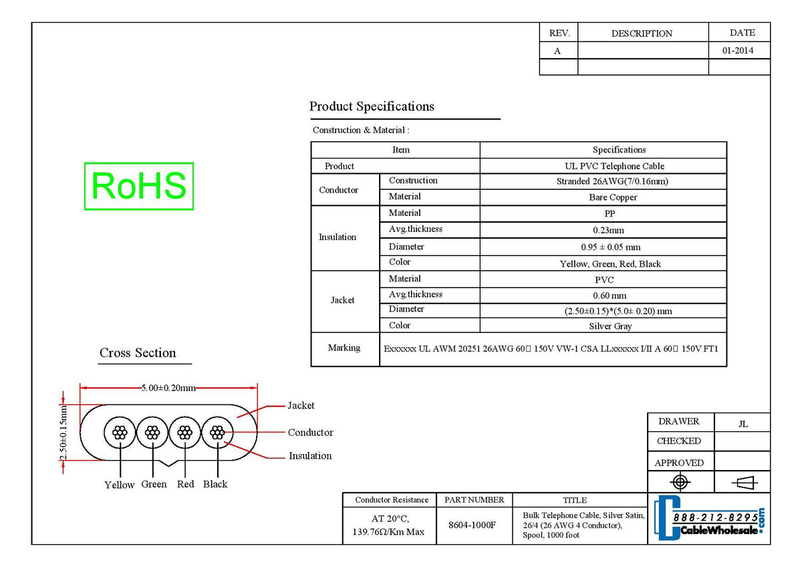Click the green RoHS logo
139,187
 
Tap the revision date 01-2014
738,51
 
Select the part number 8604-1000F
472,525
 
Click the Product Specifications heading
372,106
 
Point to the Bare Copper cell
613,197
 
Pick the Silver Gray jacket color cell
610,326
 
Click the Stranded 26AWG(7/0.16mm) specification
612,181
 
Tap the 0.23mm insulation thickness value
608,230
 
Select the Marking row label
344,348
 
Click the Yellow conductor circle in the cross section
120,433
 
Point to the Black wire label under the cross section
215,484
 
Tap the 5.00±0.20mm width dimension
168,388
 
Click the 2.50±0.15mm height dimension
63,433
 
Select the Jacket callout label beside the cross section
301,405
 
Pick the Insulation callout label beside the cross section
310,456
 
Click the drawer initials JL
743,424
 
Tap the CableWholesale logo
710,518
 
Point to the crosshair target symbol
680,482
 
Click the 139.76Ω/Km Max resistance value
388,532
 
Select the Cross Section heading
138,353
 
